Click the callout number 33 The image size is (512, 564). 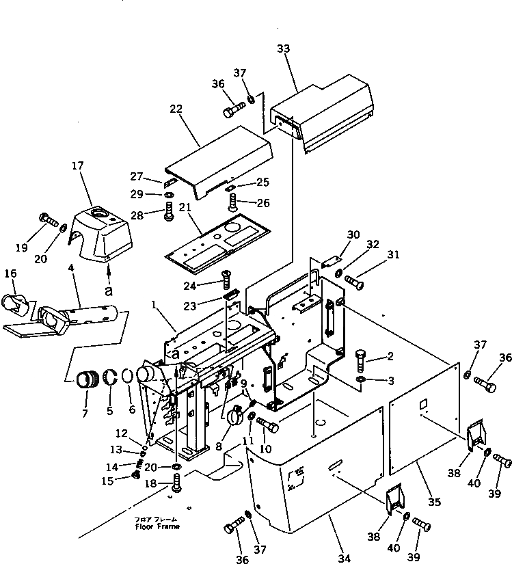(284, 49)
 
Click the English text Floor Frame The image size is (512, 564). (157, 526)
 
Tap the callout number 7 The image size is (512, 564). (85, 414)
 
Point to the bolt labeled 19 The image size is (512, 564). (48, 219)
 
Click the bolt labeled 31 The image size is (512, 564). (353, 280)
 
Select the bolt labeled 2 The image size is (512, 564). (362, 360)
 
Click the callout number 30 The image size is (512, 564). (353, 234)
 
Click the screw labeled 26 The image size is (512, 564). (232, 200)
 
